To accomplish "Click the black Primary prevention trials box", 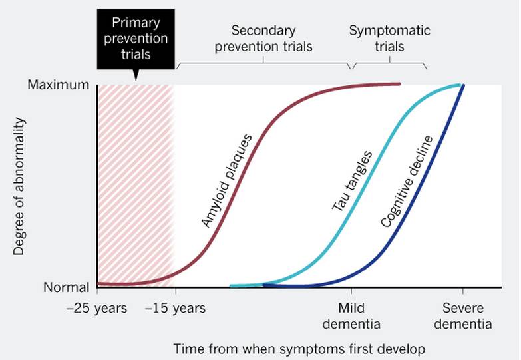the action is tap(136, 39).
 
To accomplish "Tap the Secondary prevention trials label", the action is tap(263, 38).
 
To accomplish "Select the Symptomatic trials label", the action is tap(389, 38).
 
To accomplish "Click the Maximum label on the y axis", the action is tap(59, 85).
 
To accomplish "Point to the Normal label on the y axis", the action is tap(67, 287).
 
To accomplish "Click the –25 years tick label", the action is tap(96, 308).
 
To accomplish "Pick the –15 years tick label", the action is tap(176, 308).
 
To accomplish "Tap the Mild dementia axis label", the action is tap(351, 316).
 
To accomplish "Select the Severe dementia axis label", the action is tap(463, 316).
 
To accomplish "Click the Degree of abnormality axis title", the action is tap(19, 186).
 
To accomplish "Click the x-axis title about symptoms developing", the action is tap(299, 349).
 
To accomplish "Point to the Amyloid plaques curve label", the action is tap(227, 181).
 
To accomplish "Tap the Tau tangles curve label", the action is tap(352, 181).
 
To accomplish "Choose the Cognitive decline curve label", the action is tap(407, 182).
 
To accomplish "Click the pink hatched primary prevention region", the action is tap(136, 186).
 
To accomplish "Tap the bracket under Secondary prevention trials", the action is tap(263, 63).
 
